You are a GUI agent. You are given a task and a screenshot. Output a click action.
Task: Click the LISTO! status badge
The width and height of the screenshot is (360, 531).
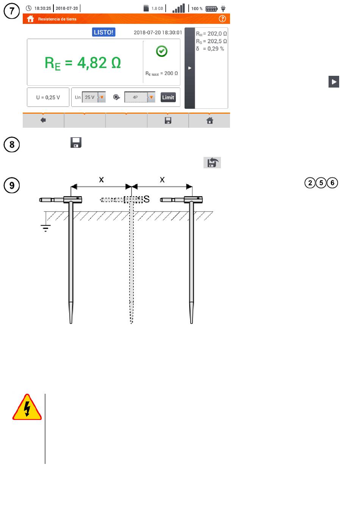point(103,32)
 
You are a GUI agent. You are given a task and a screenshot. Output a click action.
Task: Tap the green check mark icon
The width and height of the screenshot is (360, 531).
point(162,51)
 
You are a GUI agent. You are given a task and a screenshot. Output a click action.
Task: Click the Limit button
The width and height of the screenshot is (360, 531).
point(168,97)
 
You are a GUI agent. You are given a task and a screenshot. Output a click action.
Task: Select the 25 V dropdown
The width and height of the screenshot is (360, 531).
point(94,97)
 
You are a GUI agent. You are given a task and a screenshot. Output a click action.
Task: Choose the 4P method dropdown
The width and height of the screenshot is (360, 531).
point(139,97)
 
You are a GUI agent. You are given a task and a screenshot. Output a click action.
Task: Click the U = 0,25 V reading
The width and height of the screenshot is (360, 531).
point(48,97)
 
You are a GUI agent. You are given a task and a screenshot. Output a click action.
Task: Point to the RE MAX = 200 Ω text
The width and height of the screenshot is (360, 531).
point(162,74)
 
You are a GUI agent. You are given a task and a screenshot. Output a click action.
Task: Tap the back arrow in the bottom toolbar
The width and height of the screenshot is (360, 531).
point(43,121)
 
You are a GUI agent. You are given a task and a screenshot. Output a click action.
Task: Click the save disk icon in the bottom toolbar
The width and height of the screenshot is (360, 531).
point(168,121)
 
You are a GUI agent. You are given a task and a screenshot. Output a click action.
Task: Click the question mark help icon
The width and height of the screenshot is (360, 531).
point(222,19)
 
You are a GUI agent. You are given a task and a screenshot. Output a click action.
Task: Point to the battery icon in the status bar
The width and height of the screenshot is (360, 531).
point(211,8)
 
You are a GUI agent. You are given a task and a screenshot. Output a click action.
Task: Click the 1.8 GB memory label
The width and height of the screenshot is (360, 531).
point(157,8)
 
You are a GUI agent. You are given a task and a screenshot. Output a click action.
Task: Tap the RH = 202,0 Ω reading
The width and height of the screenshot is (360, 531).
point(211,34)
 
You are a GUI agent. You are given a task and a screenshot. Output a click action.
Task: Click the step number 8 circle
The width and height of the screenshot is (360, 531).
point(12,144)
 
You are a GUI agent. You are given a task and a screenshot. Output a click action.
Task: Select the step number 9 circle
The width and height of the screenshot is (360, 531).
point(12,185)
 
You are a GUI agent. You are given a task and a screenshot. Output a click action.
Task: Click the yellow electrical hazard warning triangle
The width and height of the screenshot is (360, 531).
point(27,407)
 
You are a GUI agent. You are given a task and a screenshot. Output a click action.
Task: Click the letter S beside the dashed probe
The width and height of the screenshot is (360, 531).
point(147,199)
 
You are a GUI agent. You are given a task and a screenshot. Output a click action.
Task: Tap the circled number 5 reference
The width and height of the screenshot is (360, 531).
point(321,183)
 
